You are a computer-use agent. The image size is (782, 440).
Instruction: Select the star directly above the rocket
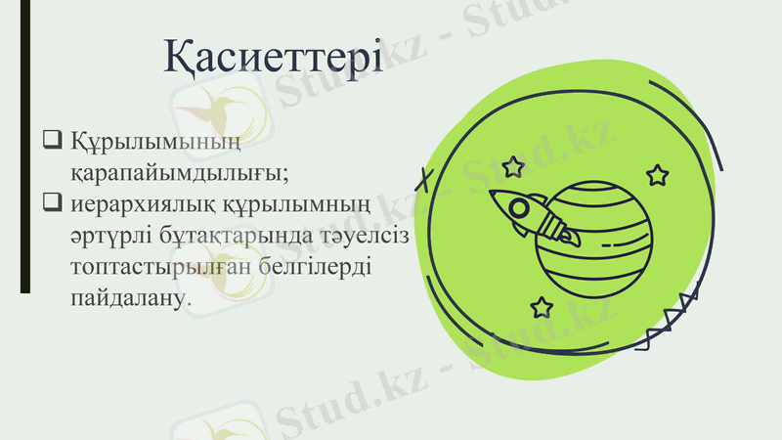pos(512,166)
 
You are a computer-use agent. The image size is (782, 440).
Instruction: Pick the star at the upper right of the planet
pos(657,176)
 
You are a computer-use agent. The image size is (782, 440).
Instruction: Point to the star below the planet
pos(542,307)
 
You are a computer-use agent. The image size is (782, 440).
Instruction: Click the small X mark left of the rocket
pos(423,180)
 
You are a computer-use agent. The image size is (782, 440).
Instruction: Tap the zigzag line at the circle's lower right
pos(674,318)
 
